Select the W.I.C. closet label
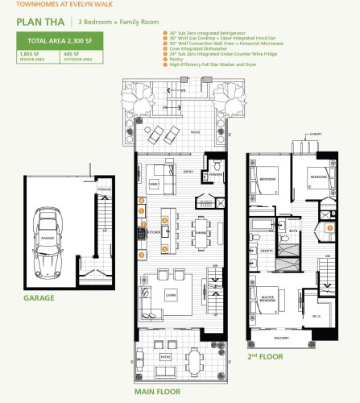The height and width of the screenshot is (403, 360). coord(317,305)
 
